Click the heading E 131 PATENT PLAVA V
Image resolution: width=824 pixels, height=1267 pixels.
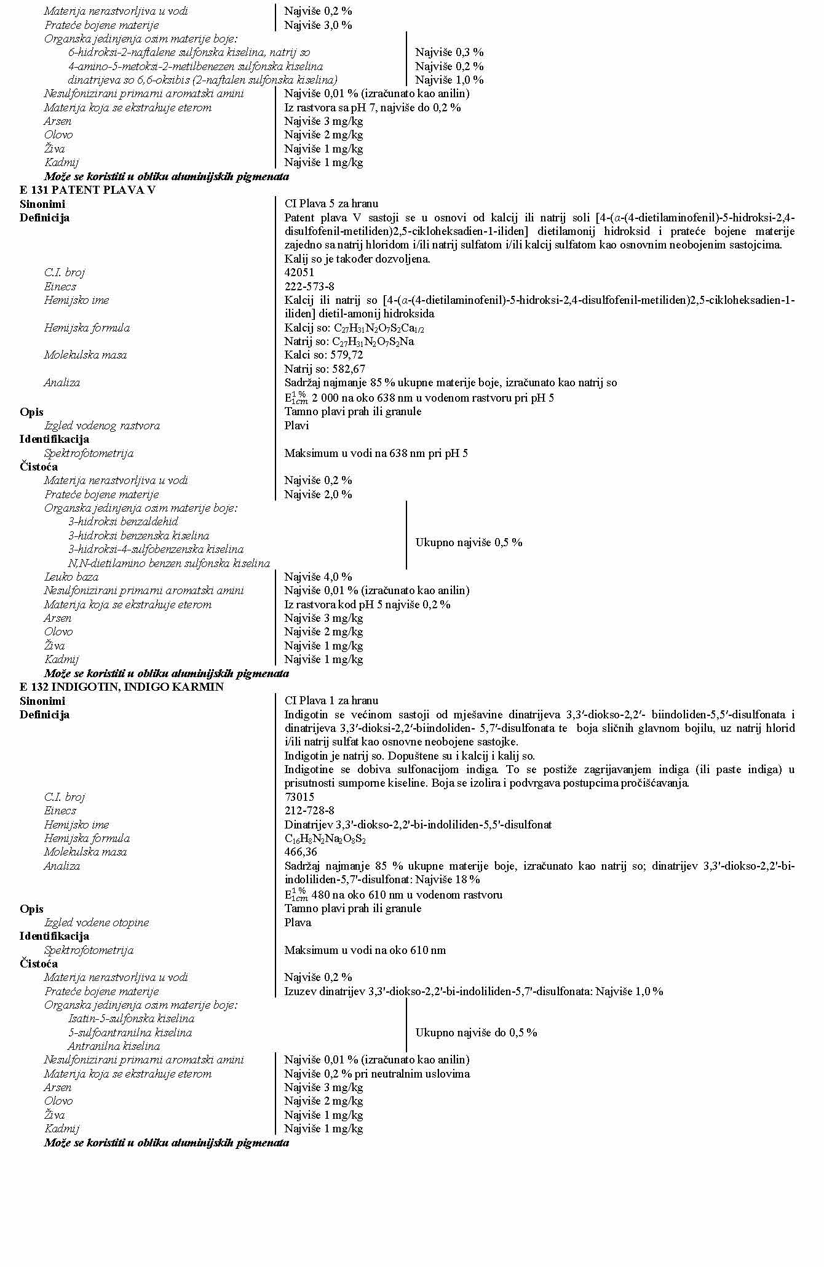[x=87, y=190]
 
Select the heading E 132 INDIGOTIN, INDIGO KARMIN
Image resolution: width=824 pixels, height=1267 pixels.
[x=122, y=687]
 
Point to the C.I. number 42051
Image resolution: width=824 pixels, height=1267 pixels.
[x=299, y=272]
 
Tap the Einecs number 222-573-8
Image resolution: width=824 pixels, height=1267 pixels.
[x=309, y=287]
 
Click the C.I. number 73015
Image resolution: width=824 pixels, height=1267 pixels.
[x=299, y=797]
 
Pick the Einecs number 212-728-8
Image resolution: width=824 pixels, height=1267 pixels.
[x=309, y=811]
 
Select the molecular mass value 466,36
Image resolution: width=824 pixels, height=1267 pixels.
[x=301, y=852]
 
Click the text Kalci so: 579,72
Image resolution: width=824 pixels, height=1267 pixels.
[x=323, y=355]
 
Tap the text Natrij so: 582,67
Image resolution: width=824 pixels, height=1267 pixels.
[x=325, y=369]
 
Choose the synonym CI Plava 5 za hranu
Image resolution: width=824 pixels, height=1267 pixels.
[x=331, y=204]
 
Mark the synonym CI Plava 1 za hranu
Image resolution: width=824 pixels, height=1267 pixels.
[x=331, y=701]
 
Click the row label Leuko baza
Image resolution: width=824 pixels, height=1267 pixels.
[x=71, y=577]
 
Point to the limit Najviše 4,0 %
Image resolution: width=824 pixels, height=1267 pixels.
[x=318, y=577]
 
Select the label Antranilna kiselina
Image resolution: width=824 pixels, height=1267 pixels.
[x=114, y=1046]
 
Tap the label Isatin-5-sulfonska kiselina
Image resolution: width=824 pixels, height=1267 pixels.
[x=131, y=1019]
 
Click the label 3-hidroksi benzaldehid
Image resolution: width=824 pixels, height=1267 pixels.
[x=123, y=522]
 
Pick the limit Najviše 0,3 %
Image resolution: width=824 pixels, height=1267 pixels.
[x=449, y=52]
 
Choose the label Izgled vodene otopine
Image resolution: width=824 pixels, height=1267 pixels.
[x=97, y=923]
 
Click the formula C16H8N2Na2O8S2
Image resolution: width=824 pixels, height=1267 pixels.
[x=325, y=838]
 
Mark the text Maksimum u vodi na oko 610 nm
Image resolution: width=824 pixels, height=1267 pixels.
[x=365, y=950]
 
